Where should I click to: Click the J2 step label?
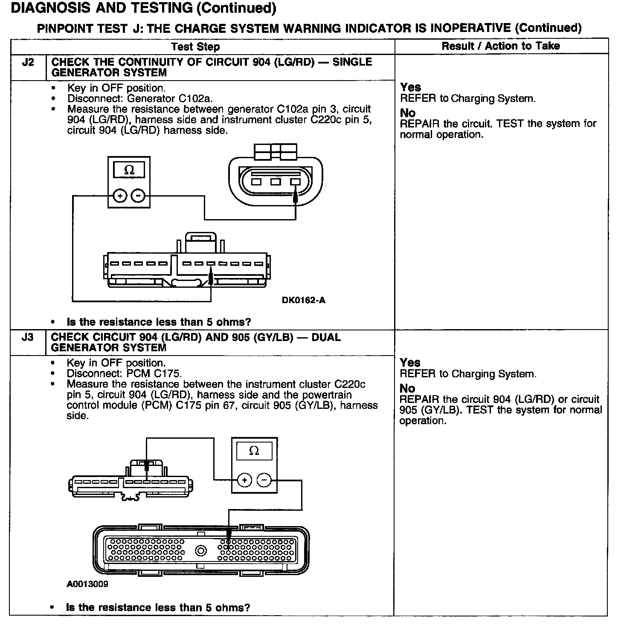28,62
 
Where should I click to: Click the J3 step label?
28,338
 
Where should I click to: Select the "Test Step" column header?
195,47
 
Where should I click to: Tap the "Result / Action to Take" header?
501,46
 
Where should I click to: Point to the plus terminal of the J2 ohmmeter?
120,196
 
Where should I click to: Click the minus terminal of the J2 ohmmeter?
138,196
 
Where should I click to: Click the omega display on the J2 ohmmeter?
129,171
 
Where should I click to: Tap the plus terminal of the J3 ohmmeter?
245,480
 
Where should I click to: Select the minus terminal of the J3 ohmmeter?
264,480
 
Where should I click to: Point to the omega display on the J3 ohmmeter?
254,451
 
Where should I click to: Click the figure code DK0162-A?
303,300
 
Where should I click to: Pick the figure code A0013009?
87,584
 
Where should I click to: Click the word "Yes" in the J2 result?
410,87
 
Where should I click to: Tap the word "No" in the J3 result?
407,388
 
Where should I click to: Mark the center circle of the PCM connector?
201,550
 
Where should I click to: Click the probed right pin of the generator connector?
295,182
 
